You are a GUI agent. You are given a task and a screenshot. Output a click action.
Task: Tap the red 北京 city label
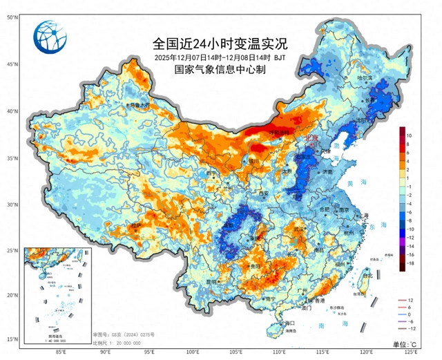(x=311, y=138)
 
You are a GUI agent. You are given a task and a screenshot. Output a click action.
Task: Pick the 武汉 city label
(x=298, y=229)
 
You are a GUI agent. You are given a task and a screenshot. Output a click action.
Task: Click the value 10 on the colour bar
(x=409, y=135)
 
